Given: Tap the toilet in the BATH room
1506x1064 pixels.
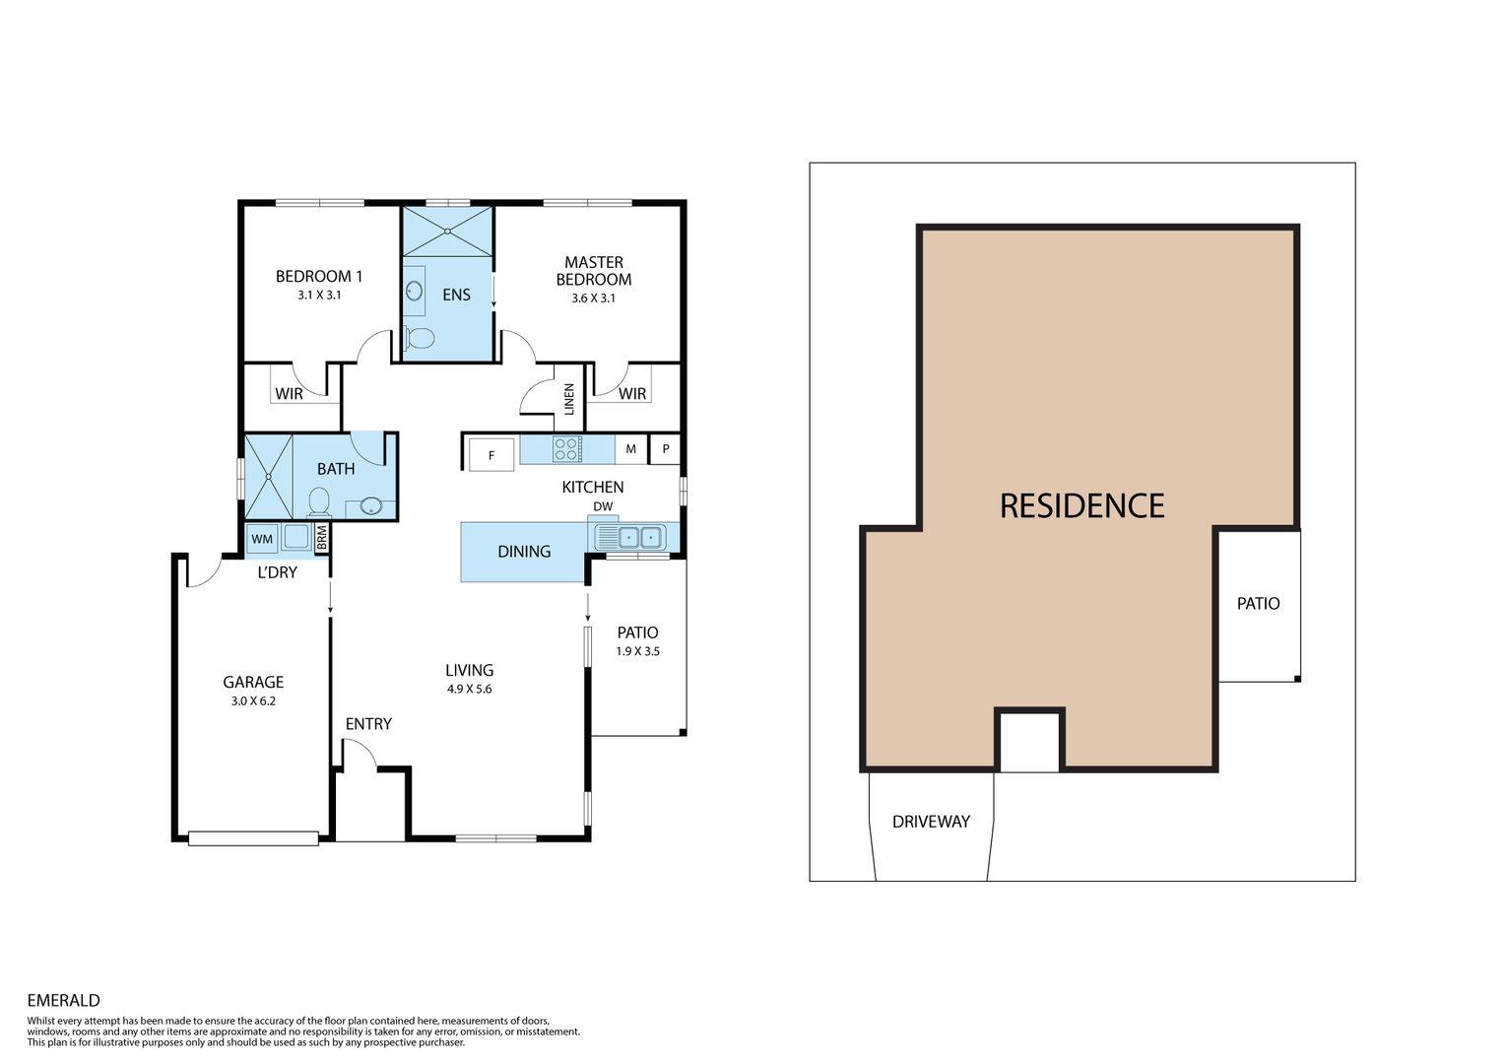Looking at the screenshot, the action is [x=319, y=501].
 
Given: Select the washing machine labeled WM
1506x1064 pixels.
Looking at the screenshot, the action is [x=262, y=539].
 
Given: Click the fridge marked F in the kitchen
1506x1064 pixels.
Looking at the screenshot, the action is [x=491, y=455].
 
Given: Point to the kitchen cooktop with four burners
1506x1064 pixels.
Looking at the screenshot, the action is [x=567, y=449].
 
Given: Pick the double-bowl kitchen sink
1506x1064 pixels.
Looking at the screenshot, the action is [x=639, y=537].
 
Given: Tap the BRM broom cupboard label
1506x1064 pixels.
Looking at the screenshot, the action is [x=322, y=538].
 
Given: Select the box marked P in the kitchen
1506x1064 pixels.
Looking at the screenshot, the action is [x=666, y=448].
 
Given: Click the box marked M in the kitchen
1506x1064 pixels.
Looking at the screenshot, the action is [x=630, y=448].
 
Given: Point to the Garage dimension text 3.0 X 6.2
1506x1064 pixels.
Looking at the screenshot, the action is [x=253, y=700].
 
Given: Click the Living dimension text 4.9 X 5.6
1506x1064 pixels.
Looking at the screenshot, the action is [x=469, y=689].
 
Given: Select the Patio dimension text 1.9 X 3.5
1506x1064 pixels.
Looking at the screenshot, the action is [x=638, y=651].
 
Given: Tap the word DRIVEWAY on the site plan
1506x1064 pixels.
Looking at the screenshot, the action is [x=931, y=822].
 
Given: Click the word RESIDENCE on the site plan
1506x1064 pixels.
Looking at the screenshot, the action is [x=1081, y=505].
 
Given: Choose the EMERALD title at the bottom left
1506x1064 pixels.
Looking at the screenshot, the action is [x=63, y=1000].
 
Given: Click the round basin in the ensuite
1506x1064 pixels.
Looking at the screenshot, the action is [x=414, y=292].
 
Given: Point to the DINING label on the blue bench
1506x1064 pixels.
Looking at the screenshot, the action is [x=524, y=552].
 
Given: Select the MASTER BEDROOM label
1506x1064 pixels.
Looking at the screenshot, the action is [x=594, y=271].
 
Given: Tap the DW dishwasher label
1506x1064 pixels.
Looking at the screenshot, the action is [x=603, y=506].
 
